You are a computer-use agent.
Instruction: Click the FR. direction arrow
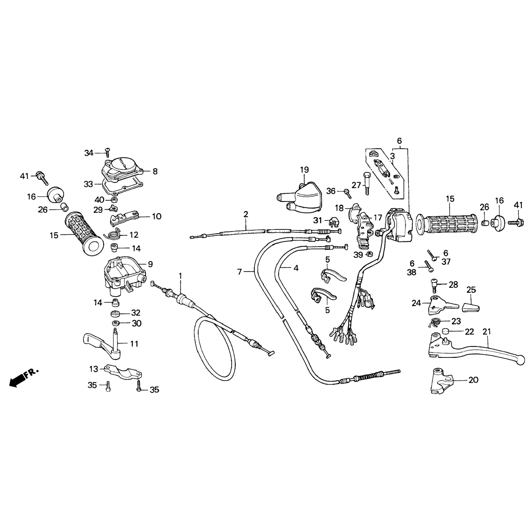pos(24,378)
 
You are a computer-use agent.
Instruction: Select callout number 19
pos(304,170)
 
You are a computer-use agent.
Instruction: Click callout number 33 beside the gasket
pos(88,184)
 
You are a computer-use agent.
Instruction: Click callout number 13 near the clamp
pos(94,369)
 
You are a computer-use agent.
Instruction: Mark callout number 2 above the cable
pos(246,214)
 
